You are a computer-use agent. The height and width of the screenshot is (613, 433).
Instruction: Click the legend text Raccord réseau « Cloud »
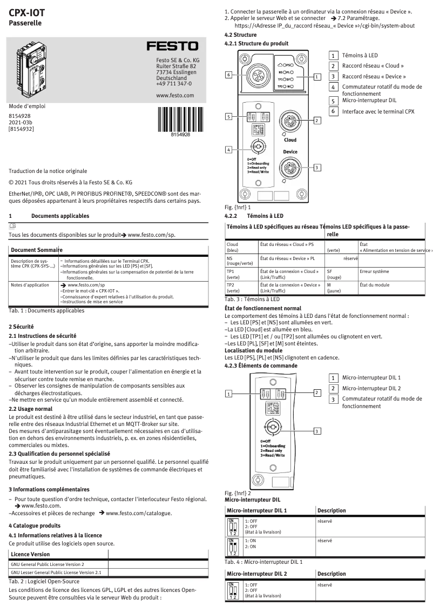(x=373, y=66)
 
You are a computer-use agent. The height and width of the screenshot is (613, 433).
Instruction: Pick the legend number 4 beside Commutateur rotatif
(x=334, y=86)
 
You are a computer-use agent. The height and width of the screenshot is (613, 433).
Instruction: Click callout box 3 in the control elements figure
(x=317, y=430)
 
